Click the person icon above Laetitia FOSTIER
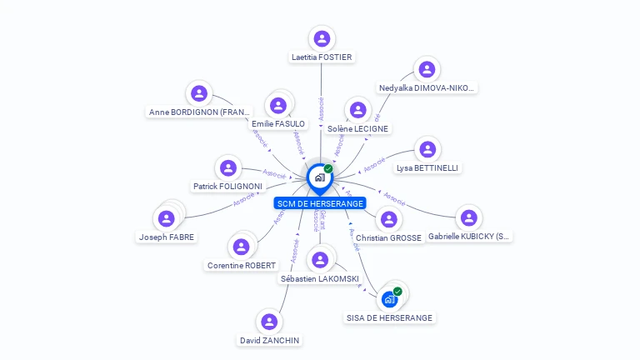pos(322,38)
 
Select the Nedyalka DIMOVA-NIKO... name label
pos(427,87)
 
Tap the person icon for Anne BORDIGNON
pos(198,93)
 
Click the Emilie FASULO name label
pos(278,124)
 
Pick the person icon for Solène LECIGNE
pos(357,110)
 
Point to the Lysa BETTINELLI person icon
pos(427,149)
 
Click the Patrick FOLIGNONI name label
pos(227,187)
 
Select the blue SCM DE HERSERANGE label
pos(320,202)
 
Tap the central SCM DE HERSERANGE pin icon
pos(318,177)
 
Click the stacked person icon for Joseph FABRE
pos(167,218)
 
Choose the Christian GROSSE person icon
pos(388,220)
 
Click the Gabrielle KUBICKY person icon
pos(469,217)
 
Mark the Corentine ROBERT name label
pos(241,266)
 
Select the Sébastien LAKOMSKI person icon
pos(320,260)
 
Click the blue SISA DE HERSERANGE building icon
pos(389,298)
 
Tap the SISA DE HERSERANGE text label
pos(390,317)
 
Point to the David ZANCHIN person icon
pos(269,321)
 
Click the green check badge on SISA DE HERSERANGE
pos(397,292)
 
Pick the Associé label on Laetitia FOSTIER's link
pos(322,109)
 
